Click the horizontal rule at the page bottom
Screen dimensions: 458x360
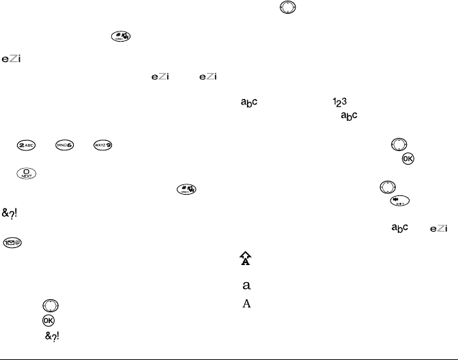click(x=229, y=355)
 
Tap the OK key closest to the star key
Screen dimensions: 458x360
click(x=408, y=159)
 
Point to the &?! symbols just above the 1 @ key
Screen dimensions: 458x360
click(x=10, y=213)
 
